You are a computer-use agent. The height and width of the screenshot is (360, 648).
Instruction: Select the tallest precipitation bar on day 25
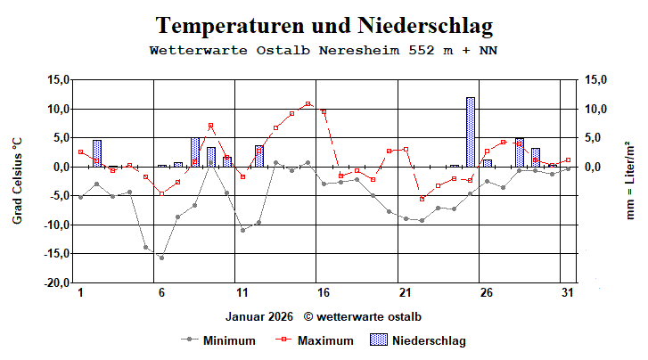click(470, 132)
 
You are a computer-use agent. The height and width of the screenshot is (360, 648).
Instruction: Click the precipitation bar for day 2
click(96, 153)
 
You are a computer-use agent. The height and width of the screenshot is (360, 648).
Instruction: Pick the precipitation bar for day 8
click(194, 152)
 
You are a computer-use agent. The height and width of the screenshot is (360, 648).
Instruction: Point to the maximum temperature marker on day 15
click(308, 104)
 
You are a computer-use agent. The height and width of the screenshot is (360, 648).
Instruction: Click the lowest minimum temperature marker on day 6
click(161, 258)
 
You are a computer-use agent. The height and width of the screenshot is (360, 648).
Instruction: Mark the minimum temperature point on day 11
click(242, 230)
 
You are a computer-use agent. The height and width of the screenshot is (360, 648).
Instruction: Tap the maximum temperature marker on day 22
click(422, 199)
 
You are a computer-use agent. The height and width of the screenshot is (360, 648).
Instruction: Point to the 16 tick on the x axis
click(323, 293)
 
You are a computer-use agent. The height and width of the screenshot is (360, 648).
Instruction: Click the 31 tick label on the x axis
click(566, 293)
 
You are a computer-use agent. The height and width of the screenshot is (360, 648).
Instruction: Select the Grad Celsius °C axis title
click(17, 181)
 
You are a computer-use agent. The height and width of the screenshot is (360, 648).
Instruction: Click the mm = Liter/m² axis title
click(631, 181)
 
